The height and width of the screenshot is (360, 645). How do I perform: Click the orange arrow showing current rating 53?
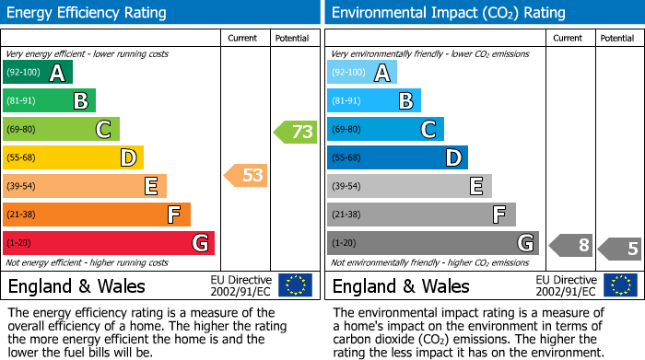pos(247,175)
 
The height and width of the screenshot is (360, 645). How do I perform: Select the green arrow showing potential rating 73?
pos(296,132)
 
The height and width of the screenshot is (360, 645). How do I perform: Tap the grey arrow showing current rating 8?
pos(570,245)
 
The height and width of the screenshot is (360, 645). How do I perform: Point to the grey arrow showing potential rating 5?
pos(620,249)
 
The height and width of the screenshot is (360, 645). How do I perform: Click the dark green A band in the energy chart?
pos(37,73)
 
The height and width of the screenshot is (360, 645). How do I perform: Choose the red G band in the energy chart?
pos(108,243)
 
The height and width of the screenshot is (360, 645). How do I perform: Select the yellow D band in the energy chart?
pos(73,158)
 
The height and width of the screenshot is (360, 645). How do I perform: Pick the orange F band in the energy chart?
pos(96,215)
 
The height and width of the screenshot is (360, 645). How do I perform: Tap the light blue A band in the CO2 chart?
pos(362,73)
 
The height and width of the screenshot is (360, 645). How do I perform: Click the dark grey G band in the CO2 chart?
pos(432,243)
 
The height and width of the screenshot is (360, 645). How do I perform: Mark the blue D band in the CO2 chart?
pos(397,158)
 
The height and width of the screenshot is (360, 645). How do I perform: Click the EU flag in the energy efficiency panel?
pos(295,285)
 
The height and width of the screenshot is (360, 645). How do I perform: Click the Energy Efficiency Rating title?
pos(88,13)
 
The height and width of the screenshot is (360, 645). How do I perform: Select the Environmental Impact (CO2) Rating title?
pos(448,13)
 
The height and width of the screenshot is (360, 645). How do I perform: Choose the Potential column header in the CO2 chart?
pos(616,38)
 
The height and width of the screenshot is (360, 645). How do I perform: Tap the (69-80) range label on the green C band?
pos(23,130)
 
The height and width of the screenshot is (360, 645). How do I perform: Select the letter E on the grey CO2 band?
pos(475,186)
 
